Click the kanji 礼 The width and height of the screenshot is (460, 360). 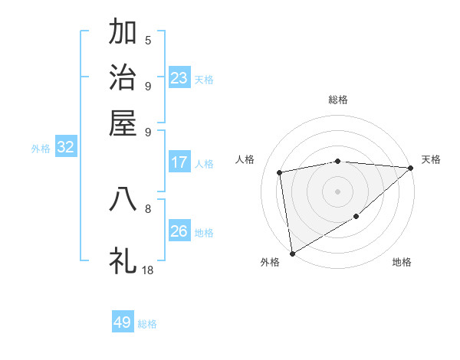click(123, 260)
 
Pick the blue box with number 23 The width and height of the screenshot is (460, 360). click(179, 78)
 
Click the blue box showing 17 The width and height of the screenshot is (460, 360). click(179, 162)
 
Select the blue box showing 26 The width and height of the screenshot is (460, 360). click(179, 231)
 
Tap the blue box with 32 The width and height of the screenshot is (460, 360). click(65, 148)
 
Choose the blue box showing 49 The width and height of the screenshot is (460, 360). click(123, 322)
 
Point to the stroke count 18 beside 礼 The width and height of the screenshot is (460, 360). click(148, 270)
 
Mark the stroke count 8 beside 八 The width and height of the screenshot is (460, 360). click(148, 208)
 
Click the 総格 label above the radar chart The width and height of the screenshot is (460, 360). click(338, 100)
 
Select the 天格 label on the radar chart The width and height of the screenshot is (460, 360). click(431, 159)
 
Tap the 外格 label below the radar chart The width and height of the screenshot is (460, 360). click(270, 262)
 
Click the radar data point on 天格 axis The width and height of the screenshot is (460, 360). click(411, 168)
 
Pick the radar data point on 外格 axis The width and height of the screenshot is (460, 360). click(292, 253)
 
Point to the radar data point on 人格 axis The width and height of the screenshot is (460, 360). click(281, 172)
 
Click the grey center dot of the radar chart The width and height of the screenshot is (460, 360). click(338, 191)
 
